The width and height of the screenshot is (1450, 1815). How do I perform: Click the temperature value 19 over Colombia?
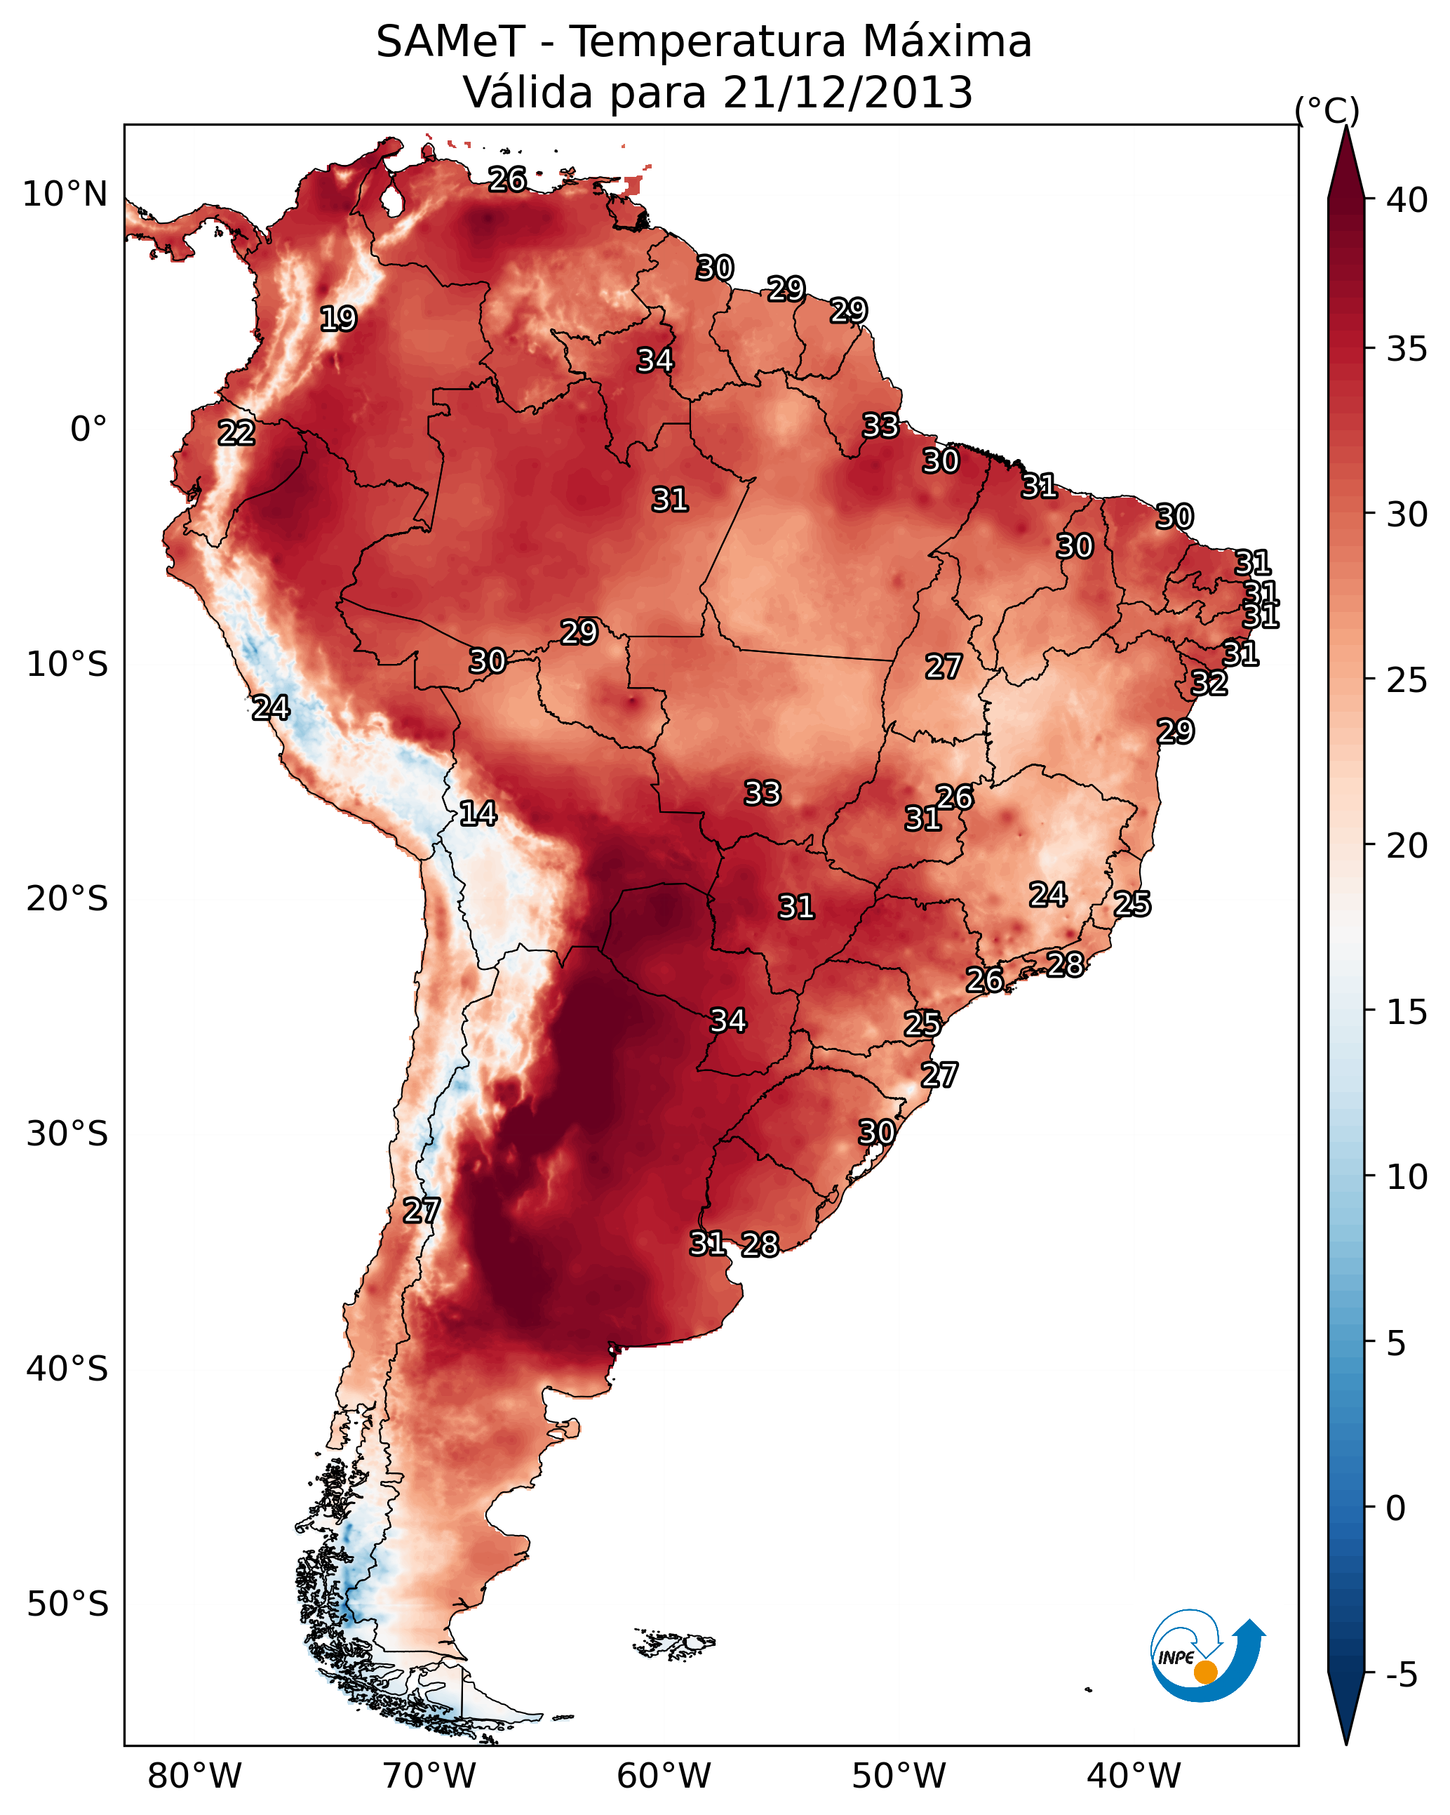338,319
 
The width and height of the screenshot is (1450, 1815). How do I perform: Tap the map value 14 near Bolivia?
477,813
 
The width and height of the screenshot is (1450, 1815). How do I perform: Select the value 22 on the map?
236,433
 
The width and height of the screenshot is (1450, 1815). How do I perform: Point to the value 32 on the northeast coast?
1209,683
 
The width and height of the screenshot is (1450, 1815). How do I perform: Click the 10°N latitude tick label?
65,194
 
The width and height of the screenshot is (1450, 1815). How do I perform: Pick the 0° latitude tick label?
88,430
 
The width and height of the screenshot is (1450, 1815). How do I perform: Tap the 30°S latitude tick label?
67,1134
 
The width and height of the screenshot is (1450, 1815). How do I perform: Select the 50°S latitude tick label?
67,1604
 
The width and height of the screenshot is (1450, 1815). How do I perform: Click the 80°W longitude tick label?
194,1776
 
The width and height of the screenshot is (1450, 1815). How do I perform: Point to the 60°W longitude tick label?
664,1776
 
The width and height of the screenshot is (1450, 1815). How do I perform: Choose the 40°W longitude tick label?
1134,1776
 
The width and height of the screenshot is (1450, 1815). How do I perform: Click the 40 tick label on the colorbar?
1407,200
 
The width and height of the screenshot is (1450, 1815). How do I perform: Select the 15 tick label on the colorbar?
1407,1012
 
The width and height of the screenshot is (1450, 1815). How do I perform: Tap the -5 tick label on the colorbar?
1401,1675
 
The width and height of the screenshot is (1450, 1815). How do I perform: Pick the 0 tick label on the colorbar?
1395,1508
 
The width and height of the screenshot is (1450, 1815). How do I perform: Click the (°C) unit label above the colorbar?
1327,110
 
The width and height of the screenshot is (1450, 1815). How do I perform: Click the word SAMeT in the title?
451,42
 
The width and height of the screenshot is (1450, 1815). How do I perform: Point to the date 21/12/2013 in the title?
847,93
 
